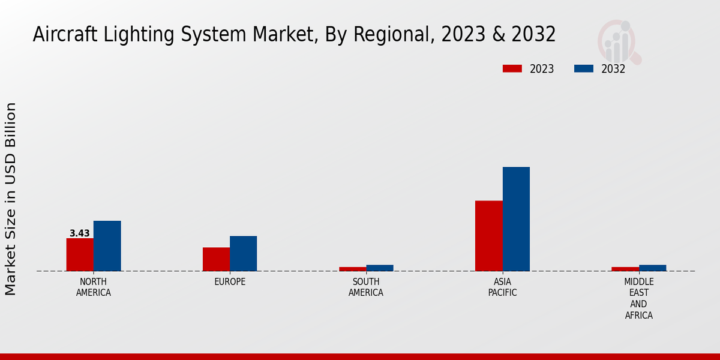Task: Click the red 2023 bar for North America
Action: [80, 254]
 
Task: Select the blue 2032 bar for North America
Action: [107, 246]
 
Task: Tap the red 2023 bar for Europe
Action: [216, 259]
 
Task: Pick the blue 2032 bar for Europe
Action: [243, 253]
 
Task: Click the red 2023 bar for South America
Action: [352, 269]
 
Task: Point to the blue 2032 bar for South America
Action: [380, 268]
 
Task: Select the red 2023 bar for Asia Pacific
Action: [488, 236]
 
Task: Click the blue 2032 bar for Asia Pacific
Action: [516, 219]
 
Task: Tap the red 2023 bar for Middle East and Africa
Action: [625, 269]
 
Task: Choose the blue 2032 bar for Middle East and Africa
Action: [652, 268]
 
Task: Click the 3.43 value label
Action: [80, 233]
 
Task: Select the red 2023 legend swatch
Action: [512, 68]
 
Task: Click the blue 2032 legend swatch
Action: [583, 68]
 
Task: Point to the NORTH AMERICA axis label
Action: [94, 287]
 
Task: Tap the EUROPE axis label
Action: [230, 282]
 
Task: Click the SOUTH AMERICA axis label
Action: [366, 287]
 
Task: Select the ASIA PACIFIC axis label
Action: [502, 287]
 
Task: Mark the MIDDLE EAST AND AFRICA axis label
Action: [638, 298]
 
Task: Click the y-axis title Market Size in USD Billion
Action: [11, 199]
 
